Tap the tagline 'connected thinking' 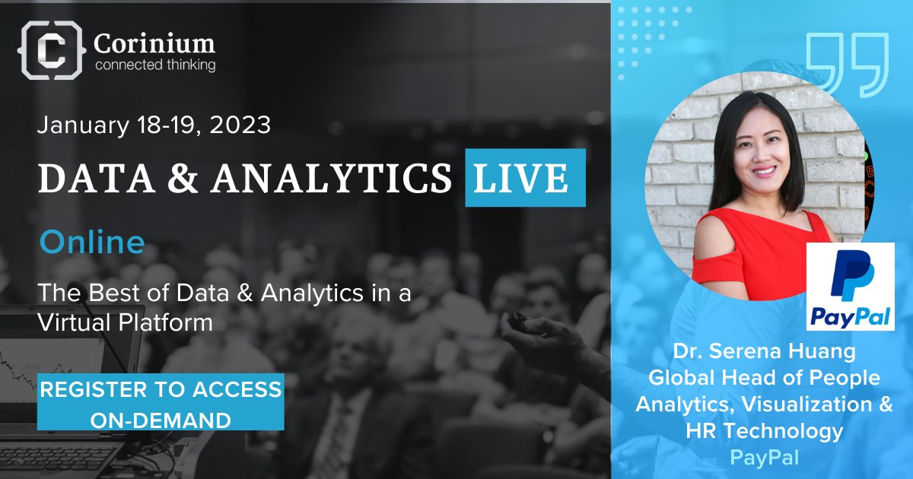point(154,65)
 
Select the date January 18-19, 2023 point(154,125)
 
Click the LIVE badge point(525,178)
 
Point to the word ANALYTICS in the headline point(332,179)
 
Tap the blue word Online point(92,243)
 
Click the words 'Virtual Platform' point(126,322)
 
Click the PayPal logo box point(850,287)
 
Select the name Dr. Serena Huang point(765,352)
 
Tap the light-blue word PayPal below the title point(764,458)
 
